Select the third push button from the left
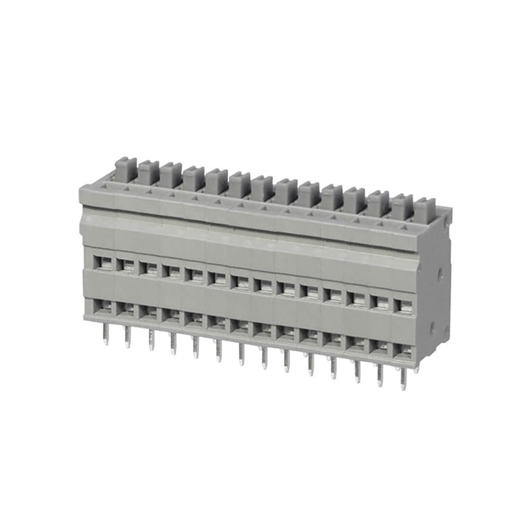click(170, 175)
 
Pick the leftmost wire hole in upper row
click(104, 263)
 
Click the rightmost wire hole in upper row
click(402, 305)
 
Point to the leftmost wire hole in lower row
click(104, 307)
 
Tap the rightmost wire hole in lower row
click(402, 350)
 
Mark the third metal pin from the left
click(151, 339)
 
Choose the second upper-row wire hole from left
click(127, 266)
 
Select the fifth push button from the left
click(216, 182)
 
